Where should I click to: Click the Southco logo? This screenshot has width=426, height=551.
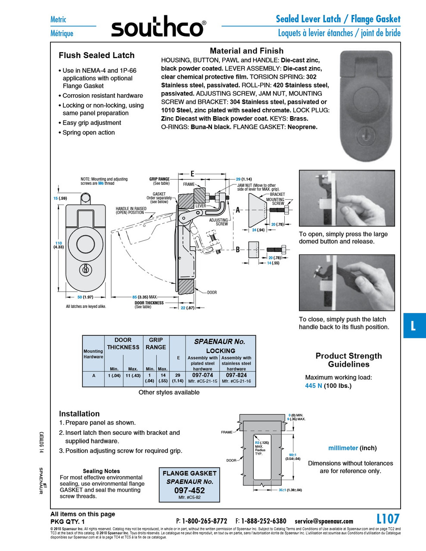(158, 28)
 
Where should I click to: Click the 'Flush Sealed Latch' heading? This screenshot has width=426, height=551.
(96, 56)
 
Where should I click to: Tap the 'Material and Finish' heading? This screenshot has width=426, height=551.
(246, 51)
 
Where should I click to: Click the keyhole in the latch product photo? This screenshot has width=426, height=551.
(367, 129)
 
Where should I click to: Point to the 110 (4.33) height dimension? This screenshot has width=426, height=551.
(59, 245)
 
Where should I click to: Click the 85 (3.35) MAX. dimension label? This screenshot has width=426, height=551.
(144, 297)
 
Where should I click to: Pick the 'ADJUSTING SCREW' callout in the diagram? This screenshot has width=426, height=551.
(219, 222)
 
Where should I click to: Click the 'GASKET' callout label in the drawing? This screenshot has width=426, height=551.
(159, 194)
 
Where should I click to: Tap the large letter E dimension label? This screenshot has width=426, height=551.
(193, 174)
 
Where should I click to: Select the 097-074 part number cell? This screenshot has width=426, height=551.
(202, 375)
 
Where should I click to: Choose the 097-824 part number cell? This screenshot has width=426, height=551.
(236, 375)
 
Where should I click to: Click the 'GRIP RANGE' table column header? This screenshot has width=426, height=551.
(155, 344)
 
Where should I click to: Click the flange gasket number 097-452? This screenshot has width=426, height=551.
(190, 490)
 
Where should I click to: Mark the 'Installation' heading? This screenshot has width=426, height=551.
(79, 414)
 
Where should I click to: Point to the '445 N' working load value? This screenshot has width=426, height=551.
(314, 386)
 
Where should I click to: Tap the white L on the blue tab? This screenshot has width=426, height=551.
(413, 325)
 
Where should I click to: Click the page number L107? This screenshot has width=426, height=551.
(388, 519)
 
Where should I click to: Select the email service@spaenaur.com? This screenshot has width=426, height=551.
(324, 521)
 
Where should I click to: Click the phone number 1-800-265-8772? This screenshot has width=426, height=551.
(204, 521)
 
